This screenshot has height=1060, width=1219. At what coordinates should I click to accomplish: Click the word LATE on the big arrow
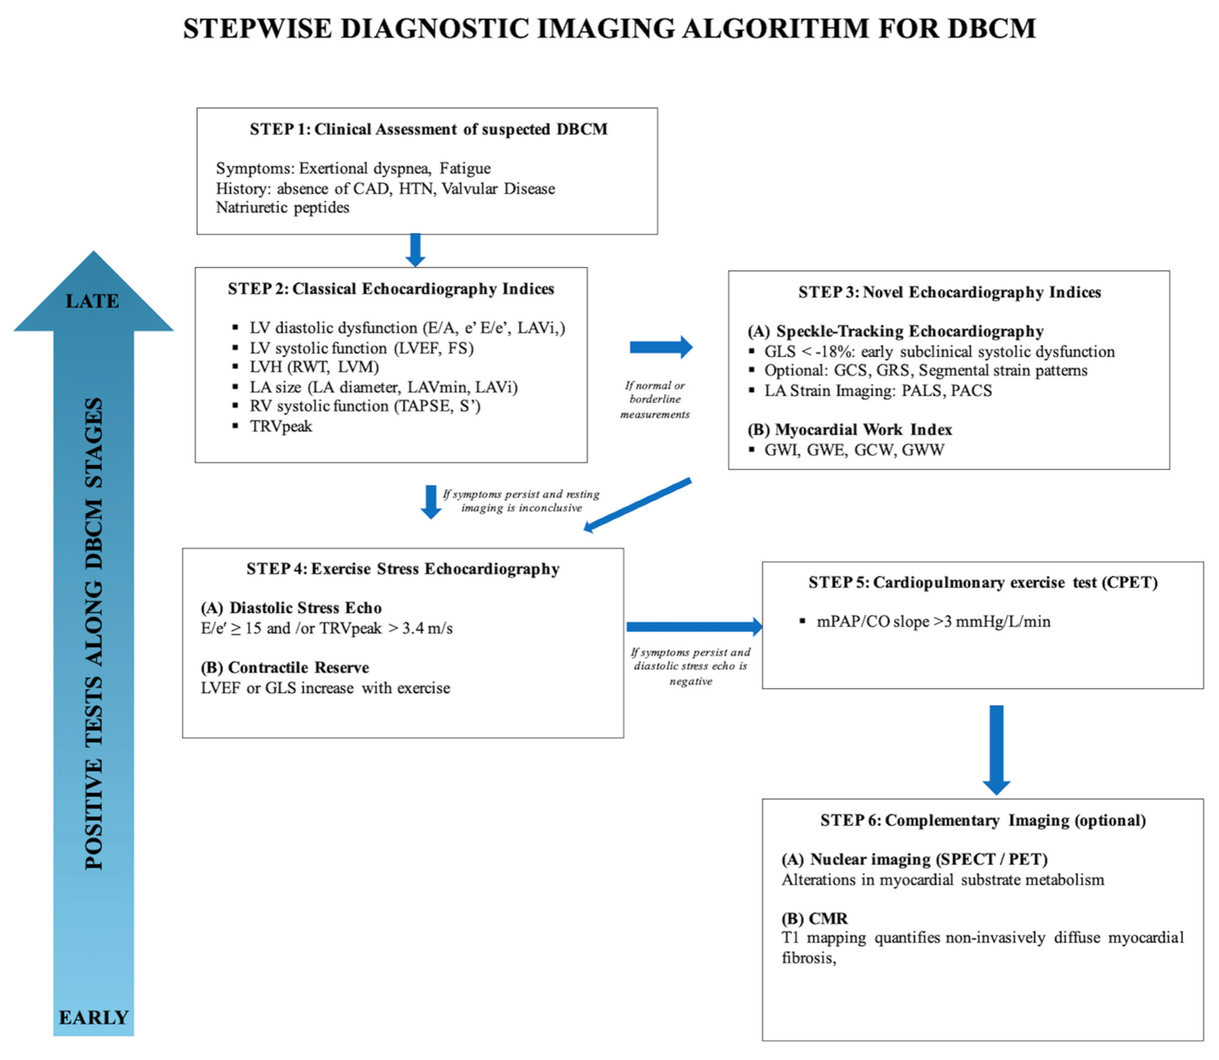(92, 301)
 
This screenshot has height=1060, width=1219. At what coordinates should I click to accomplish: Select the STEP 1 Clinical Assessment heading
(428, 129)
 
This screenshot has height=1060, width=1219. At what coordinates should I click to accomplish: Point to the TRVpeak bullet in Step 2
(281, 426)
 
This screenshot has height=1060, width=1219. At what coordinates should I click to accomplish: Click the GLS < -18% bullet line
(939, 351)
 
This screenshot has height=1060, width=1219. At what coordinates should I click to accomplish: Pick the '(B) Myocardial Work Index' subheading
(850, 430)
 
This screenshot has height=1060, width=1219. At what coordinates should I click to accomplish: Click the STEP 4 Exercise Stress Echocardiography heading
(402, 568)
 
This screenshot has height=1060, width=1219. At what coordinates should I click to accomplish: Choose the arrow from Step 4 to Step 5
(693, 627)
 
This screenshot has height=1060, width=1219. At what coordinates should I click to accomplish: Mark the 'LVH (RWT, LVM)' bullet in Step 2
(313, 367)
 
